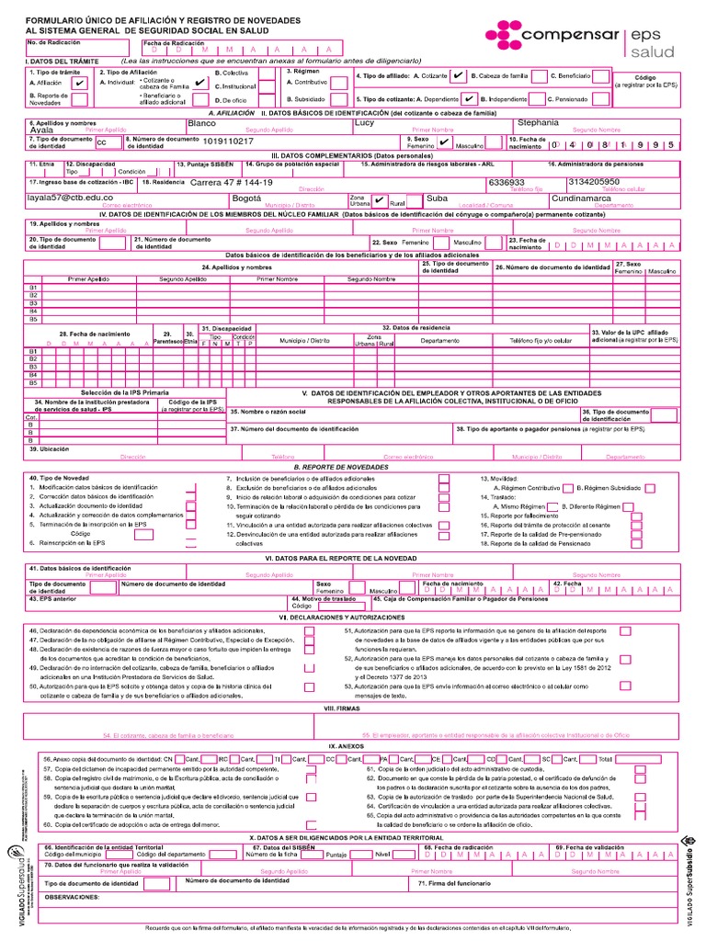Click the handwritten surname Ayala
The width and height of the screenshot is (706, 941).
pos(42,130)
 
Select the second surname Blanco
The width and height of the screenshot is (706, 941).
pos(201,122)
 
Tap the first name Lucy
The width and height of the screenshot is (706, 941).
pos(365,122)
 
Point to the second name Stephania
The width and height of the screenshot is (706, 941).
pos(538,122)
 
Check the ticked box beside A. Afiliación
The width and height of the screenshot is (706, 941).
pos(79,83)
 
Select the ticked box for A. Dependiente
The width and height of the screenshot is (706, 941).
pos(469,98)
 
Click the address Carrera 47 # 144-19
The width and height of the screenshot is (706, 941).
pos(231,182)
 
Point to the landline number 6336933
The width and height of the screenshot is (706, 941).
pos(507,182)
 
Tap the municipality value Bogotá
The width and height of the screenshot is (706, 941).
pos(246,198)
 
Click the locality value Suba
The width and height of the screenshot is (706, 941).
pos(437,198)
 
